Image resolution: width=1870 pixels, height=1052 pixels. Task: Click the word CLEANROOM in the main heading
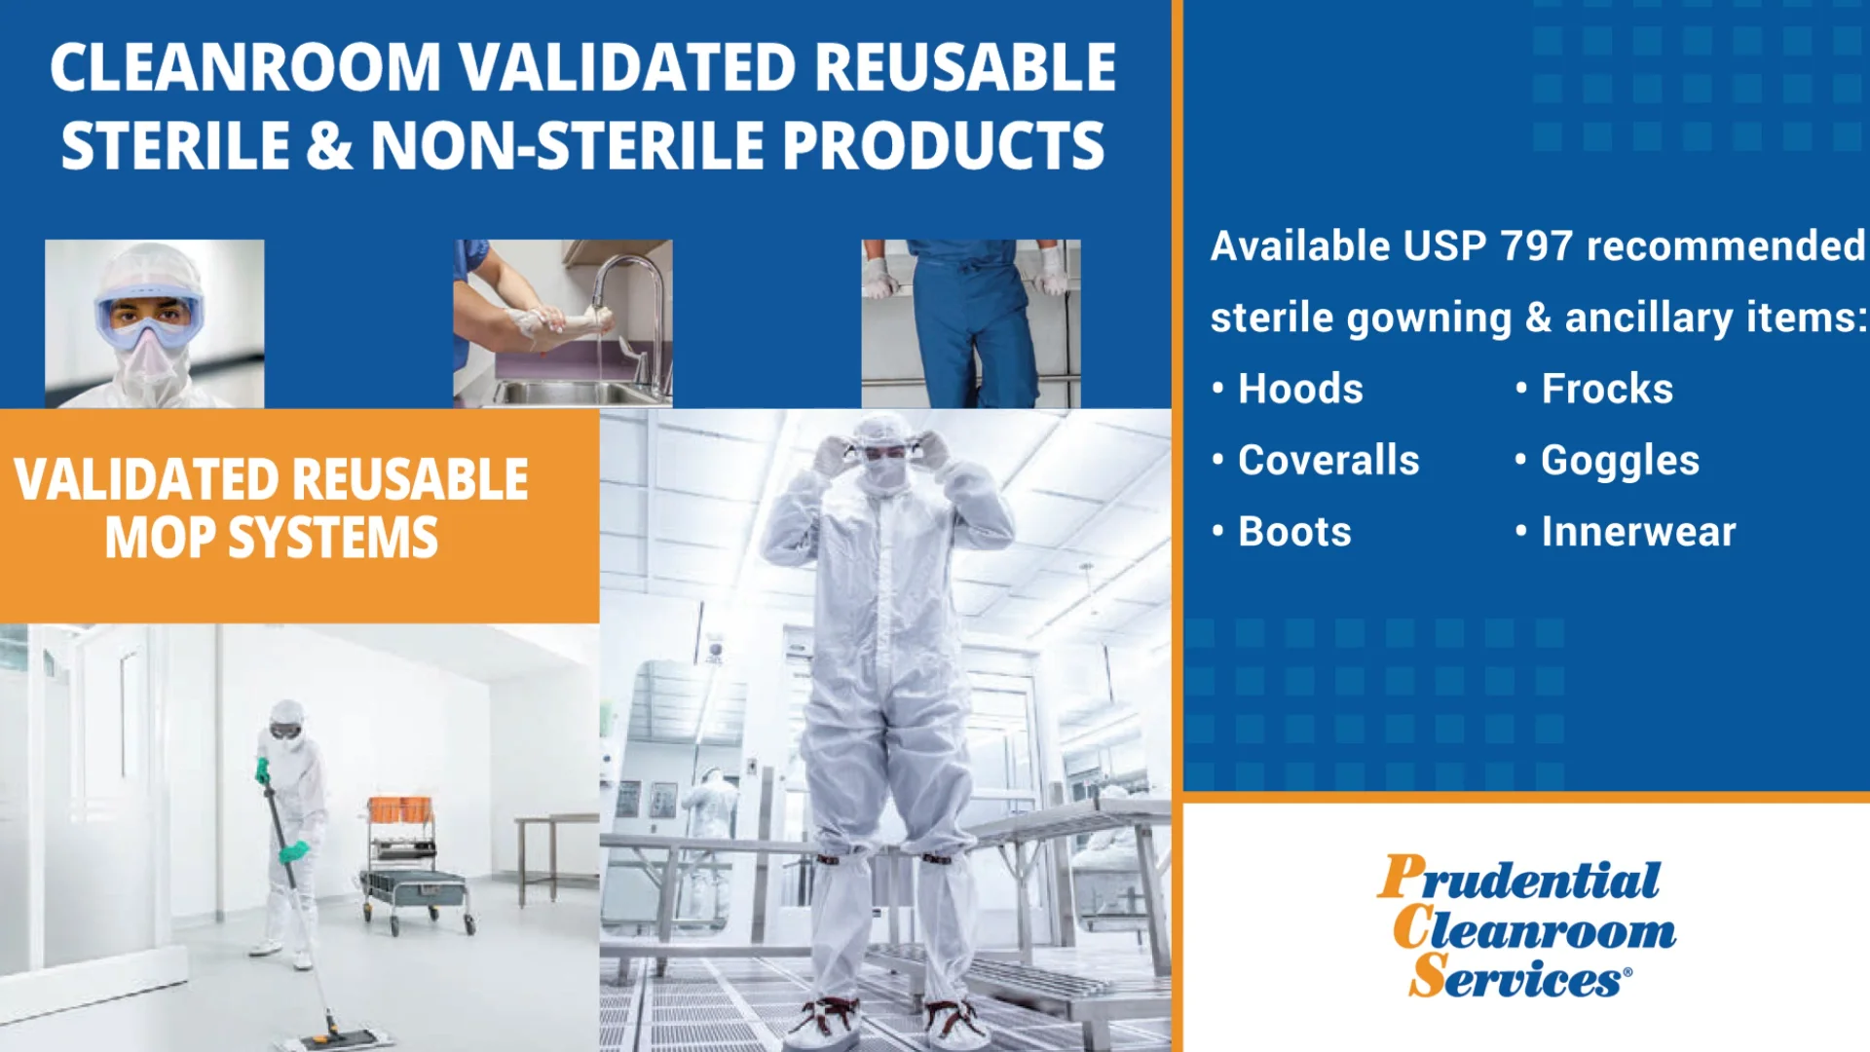tap(245, 68)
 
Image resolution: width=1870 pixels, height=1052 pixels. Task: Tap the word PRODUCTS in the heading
tap(943, 146)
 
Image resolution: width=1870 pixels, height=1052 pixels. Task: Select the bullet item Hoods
tap(1299, 390)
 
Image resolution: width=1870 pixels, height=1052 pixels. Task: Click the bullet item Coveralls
tap(1328, 461)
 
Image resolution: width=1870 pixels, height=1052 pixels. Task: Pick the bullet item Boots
tap(1293, 533)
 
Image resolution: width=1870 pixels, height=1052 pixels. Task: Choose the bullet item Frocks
tap(1606, 390)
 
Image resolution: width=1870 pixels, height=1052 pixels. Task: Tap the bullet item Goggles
tap(1619, 461)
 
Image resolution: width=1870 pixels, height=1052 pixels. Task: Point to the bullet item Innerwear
tap(1637, 533)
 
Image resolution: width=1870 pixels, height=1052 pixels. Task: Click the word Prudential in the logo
tap(1518, 879)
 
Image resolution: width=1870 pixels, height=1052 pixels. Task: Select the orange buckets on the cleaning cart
tap(399, 809)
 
